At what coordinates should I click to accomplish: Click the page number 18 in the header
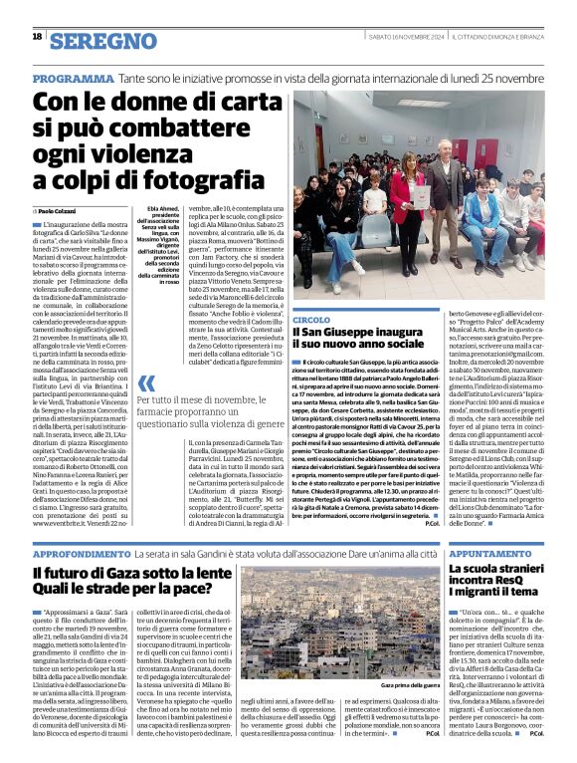(36, 37)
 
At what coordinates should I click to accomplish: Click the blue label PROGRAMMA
(73, 78)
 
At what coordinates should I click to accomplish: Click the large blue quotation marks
(145, 383)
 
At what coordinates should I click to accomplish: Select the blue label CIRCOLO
(311, 320)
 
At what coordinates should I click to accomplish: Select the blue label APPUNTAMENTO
(495, 552)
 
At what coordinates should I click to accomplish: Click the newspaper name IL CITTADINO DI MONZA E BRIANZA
(495, 37)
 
